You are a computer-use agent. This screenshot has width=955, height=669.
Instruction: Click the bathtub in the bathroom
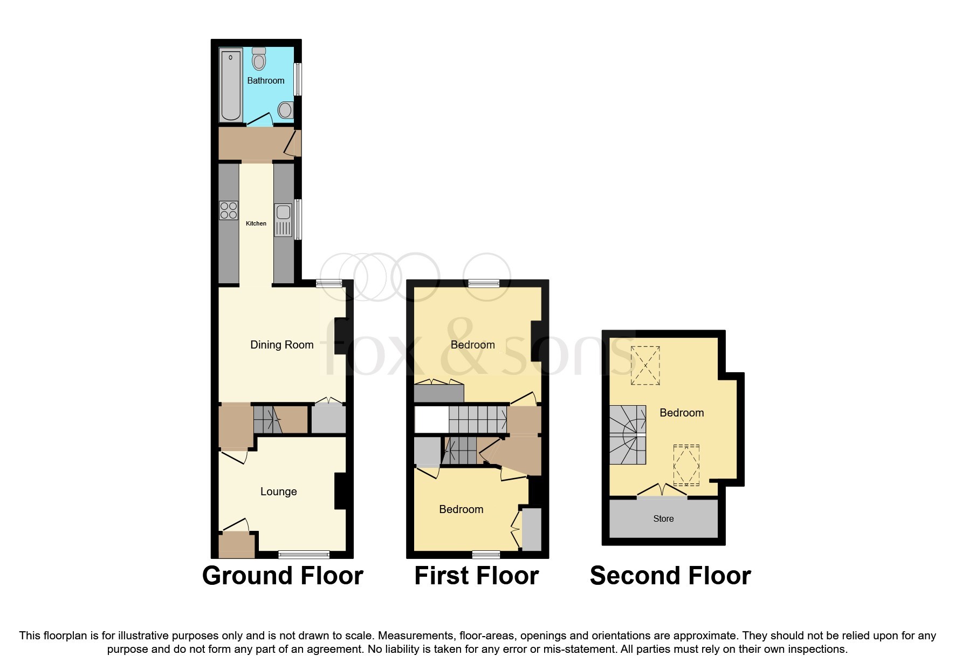pos(230,85)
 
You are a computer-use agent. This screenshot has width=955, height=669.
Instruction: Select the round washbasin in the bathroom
pos(285,111)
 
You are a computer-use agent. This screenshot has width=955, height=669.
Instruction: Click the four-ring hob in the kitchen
pos(229,210)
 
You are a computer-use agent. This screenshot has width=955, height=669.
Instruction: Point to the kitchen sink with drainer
pos(283,219)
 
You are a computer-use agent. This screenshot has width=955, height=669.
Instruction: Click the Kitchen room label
pos(256,223)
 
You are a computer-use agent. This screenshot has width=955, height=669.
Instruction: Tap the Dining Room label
pos(281,345)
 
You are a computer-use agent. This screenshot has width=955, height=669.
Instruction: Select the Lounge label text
pos(278,491)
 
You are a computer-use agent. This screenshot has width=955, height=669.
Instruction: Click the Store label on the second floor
pos(663,518)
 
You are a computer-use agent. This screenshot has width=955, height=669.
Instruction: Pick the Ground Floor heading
pos(283,576)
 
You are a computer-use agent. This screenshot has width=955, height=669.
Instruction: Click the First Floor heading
pos(476,576)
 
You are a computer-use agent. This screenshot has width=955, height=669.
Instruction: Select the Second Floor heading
pos(670,576)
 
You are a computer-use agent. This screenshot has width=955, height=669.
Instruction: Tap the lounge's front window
pos(304,554)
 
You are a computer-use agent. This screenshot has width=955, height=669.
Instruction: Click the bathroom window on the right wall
pos(298,80)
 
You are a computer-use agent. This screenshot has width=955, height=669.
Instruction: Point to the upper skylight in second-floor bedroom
pos(645,365)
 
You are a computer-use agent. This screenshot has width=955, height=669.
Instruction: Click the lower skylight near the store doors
pos(686,465)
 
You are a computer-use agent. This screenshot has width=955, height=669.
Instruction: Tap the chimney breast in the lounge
pos(340,491)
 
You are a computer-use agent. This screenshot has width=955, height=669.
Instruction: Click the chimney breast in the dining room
pos(340,336)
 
